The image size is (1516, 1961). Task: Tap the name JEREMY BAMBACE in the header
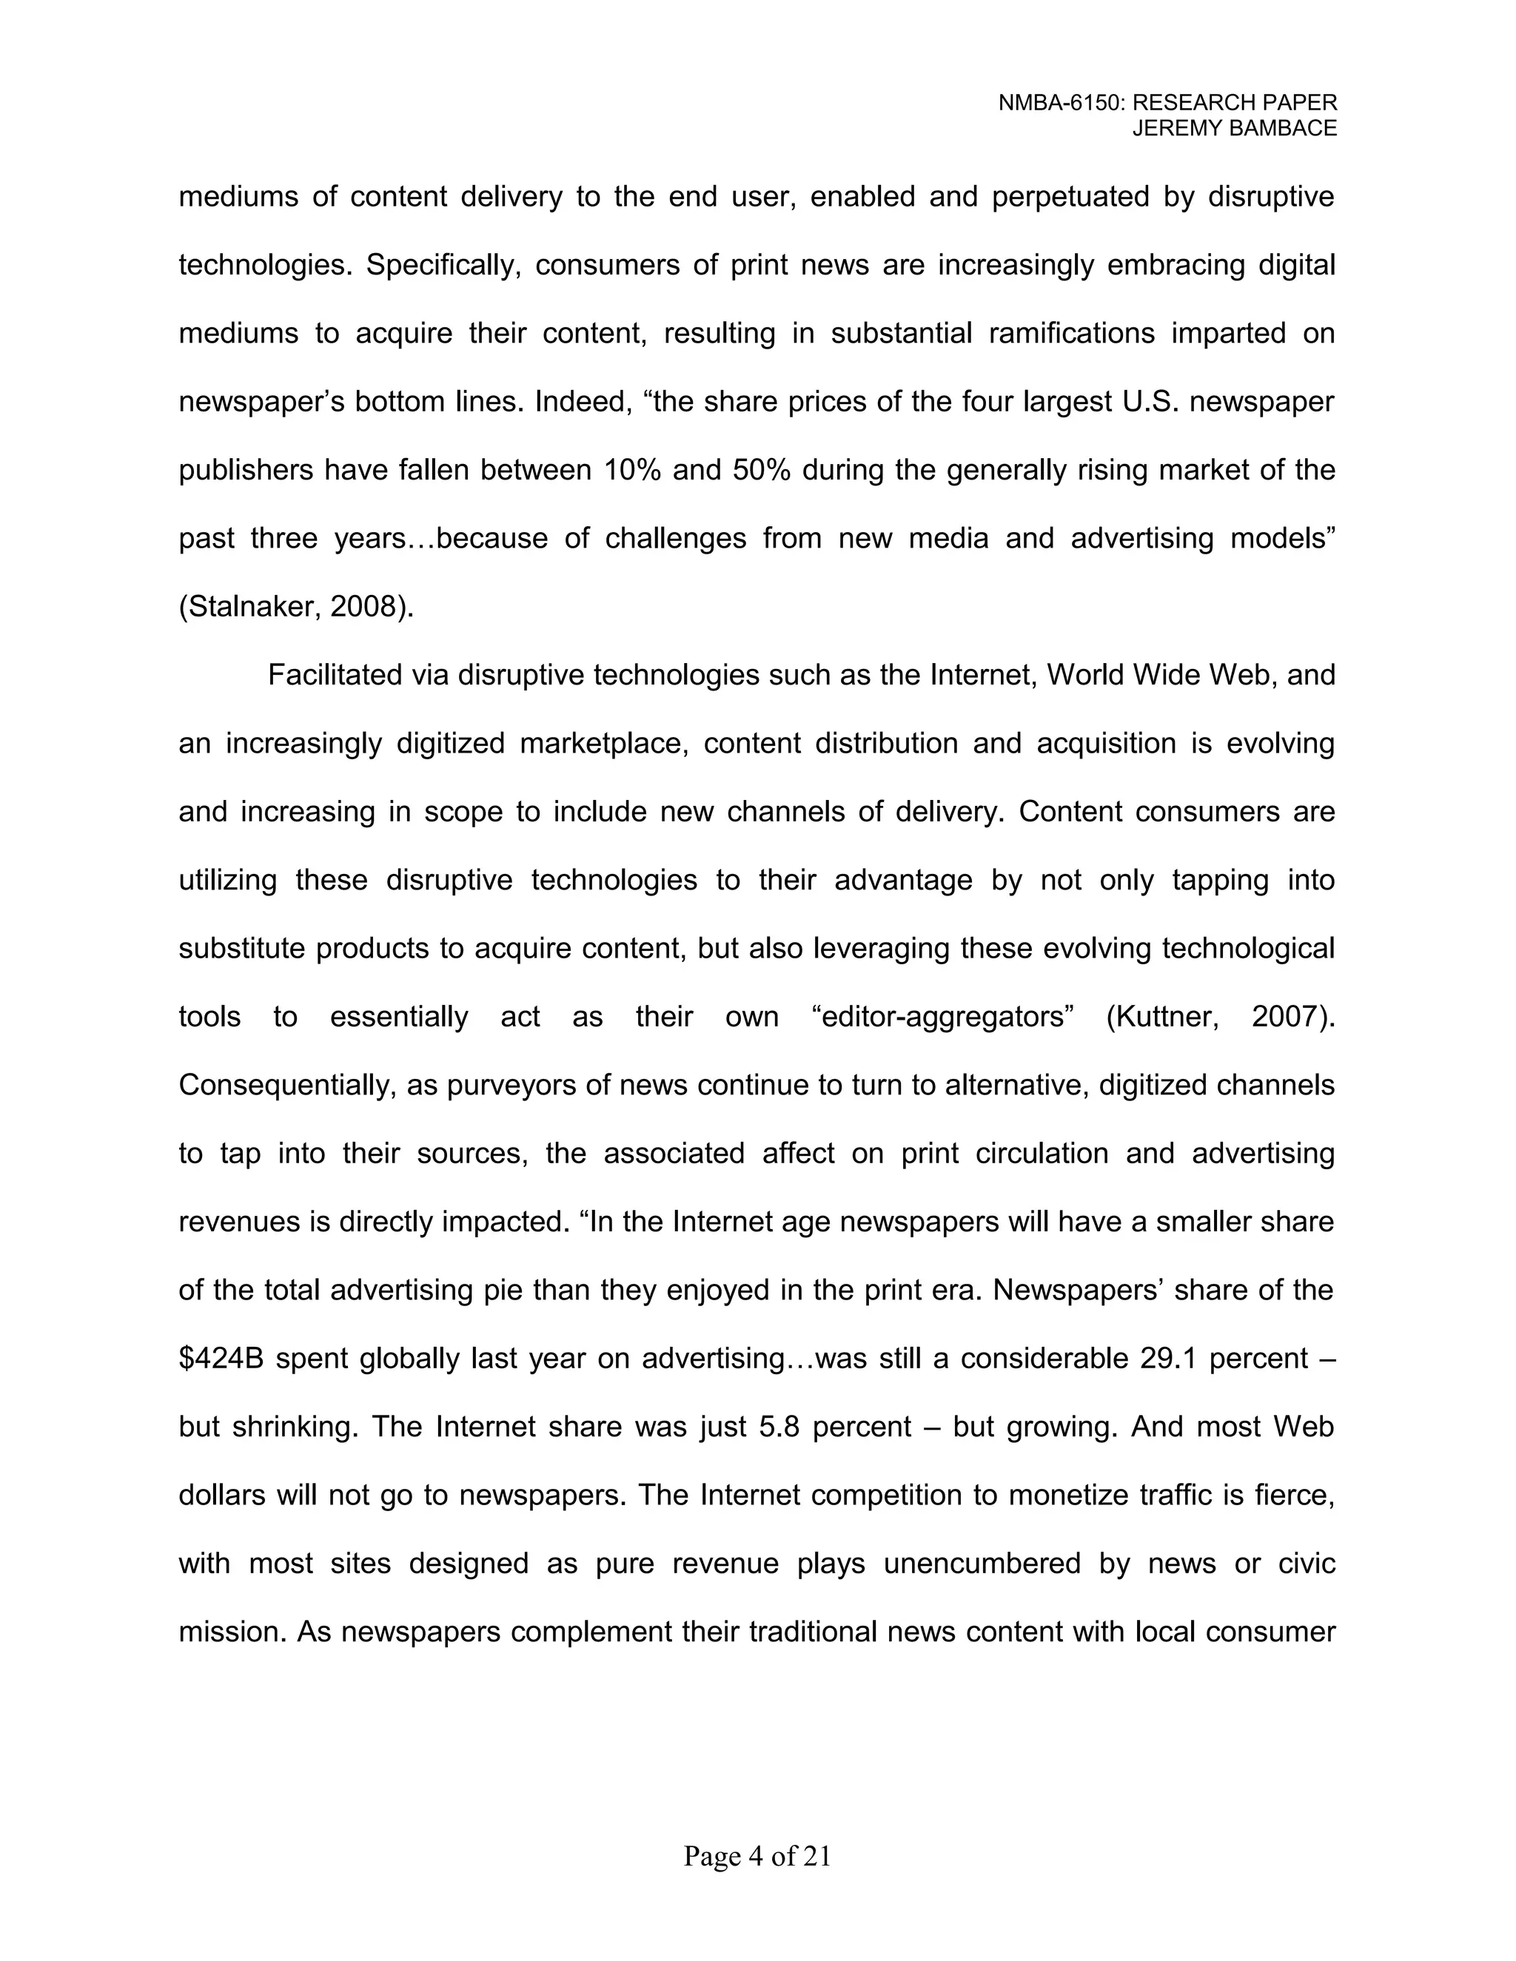coord(1234,129)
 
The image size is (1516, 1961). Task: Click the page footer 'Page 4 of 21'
coord(757,1856)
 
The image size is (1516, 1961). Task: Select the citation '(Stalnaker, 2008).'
coord(296,607)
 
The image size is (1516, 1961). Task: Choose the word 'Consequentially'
coord(286,1086)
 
